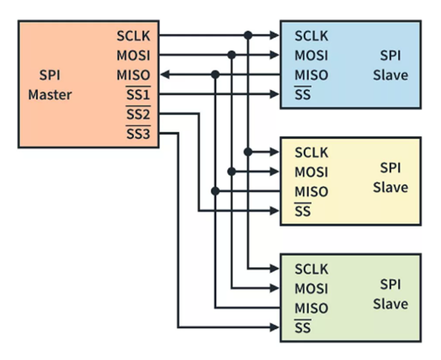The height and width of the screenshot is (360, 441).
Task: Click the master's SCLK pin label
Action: pyautogui.click(x=133, y=36)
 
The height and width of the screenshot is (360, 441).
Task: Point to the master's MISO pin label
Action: pyautogui.click(x=133, y=75)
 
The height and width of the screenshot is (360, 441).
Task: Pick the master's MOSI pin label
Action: pyautogui.click(x=133, y=55)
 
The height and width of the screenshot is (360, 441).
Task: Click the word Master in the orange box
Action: pyautogui.click(x=50, y=95)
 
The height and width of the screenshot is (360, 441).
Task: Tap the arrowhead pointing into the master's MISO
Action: pyautogui.click(x=165, y=75)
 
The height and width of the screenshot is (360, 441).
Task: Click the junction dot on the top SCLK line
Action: pyautogui.click(x=248, y=36)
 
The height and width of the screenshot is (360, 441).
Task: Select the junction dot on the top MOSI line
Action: pyautogui.click(x=231, y=55)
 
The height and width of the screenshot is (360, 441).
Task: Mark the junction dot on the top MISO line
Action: pyautogui.click(x=215, y=75)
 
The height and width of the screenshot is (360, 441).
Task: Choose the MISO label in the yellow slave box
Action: pyautogui.click(x=311, y=192)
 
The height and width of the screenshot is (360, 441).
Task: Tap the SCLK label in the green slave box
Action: pyautogui.click(x=311, y=269)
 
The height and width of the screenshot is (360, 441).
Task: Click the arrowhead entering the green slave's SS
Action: pyautogui.click(x=275, y=328)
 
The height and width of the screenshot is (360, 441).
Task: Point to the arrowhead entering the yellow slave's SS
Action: pyautogui.click(x=275, y=211)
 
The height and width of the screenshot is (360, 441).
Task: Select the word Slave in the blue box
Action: pyautogui.click(x=390, y=75)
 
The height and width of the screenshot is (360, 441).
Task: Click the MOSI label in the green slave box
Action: pyautogui.click(x=311, y=289)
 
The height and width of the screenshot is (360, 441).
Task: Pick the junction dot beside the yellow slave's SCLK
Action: pyautogui.click(x=248, y=152)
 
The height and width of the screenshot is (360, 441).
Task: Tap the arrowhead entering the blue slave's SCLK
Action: pyautogui.click(x=275, y=36)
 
